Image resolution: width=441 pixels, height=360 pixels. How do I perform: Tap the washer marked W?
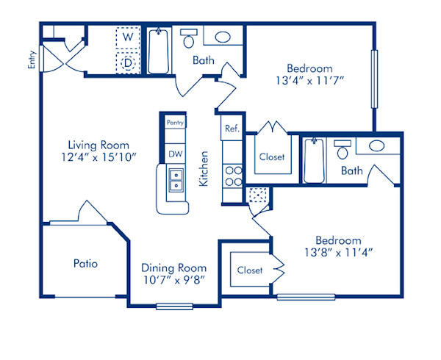[x=128, y=36]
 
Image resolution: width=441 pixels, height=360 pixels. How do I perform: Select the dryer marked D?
[x=128, y=62]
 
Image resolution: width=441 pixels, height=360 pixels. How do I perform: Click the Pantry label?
[x=175, y=123]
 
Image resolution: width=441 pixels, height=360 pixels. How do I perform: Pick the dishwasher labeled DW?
[x=175, y=154]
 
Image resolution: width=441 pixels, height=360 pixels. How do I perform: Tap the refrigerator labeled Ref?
[x=232, y=129]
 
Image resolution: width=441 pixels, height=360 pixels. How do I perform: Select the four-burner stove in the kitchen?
[x=232, y=176]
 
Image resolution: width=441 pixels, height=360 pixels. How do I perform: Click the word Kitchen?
[x=206, y=168]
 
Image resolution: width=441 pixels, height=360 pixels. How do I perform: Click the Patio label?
[x=85, y=262]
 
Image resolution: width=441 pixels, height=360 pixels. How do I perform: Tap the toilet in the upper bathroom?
[x=189, y=37]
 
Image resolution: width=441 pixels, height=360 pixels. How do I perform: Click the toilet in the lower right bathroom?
[x=342, y=151]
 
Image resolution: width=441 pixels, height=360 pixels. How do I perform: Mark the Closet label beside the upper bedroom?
[x=272, y=156]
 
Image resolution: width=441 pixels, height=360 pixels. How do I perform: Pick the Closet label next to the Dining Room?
[x=250, y=270]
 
